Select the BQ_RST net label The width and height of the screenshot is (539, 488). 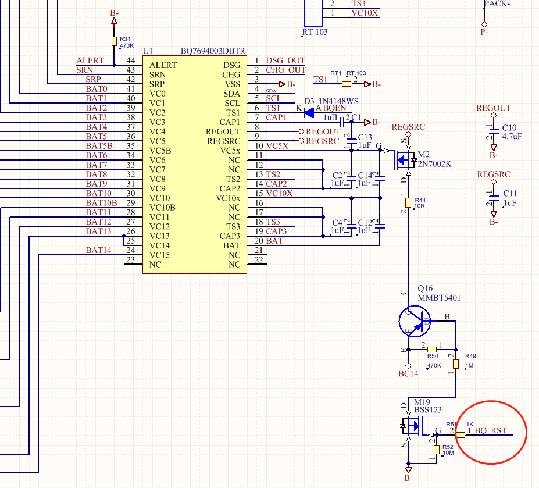click(490, 431)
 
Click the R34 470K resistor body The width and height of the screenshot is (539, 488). click(114, 41)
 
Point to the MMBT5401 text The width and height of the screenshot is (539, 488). click(439, 298)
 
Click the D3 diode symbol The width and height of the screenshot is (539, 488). click(309, 112)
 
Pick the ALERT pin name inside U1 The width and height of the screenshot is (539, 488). click(163, 65)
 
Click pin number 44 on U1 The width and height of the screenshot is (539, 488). click(130, 60)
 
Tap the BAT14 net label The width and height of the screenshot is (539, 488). click(98, 250)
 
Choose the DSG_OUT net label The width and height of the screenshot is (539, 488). click(285, 60)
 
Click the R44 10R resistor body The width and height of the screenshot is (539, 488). click(408, 202)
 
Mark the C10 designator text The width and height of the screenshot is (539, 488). click(509, 128)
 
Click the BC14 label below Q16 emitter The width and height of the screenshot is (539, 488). click(408, 373)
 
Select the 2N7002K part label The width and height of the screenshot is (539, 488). click(434, 164)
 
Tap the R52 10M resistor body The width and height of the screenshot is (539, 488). click(437, 450)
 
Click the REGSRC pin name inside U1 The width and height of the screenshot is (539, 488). click(223, 141)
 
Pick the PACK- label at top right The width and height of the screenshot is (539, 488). click(497, 3)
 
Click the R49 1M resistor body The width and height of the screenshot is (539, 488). click(456, 364)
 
